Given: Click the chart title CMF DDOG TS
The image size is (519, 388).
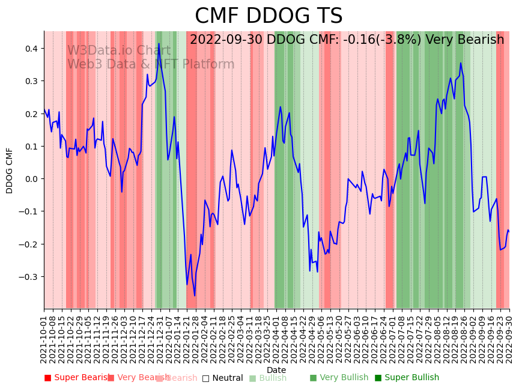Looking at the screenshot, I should [x=269, y=16].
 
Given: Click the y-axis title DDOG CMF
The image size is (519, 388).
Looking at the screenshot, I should [x=10, y=170].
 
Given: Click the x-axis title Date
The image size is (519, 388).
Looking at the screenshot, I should [x=276, y=370].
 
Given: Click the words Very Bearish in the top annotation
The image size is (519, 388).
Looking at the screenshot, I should [x=465, y=40].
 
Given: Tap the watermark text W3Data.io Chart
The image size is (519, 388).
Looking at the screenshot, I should [x=118, y=51].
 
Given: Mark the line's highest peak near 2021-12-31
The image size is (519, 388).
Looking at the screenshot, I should [x=159, y=44].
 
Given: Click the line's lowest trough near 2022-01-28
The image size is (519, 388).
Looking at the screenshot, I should [x=195, y=296].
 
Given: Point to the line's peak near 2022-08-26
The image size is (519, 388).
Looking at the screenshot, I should [x=461, y=63].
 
